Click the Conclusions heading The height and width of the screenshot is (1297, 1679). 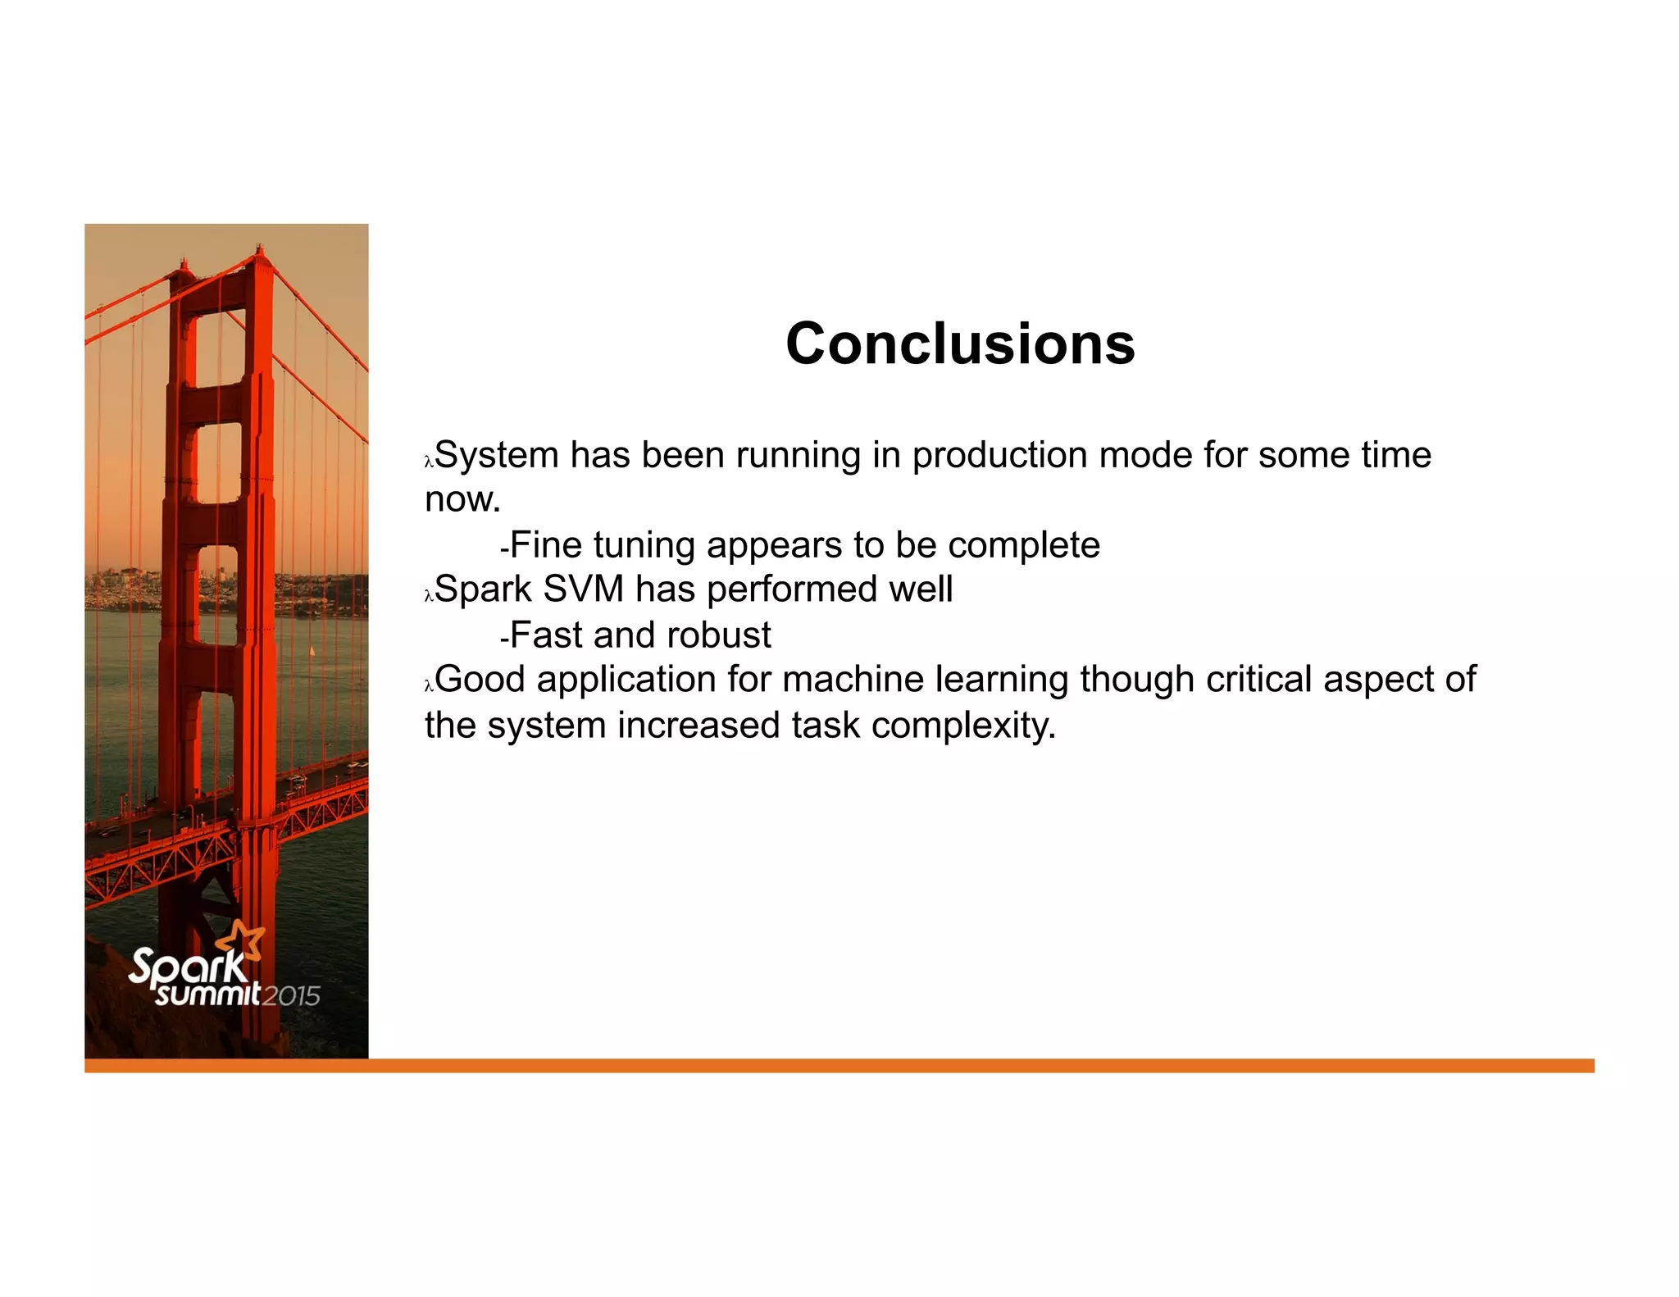click(960, 344)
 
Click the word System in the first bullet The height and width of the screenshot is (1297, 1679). click(496, 456)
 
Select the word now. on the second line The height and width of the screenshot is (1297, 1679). click(462, 500)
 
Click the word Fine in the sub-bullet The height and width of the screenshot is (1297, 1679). click(545, 545)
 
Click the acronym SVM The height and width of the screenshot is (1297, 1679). click(583, 589)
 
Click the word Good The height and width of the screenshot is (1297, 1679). click(480, 680)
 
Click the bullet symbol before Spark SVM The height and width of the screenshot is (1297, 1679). click(428, 597)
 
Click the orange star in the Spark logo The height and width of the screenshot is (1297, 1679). click(245, 940)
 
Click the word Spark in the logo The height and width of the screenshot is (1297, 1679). click(188, 967)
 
